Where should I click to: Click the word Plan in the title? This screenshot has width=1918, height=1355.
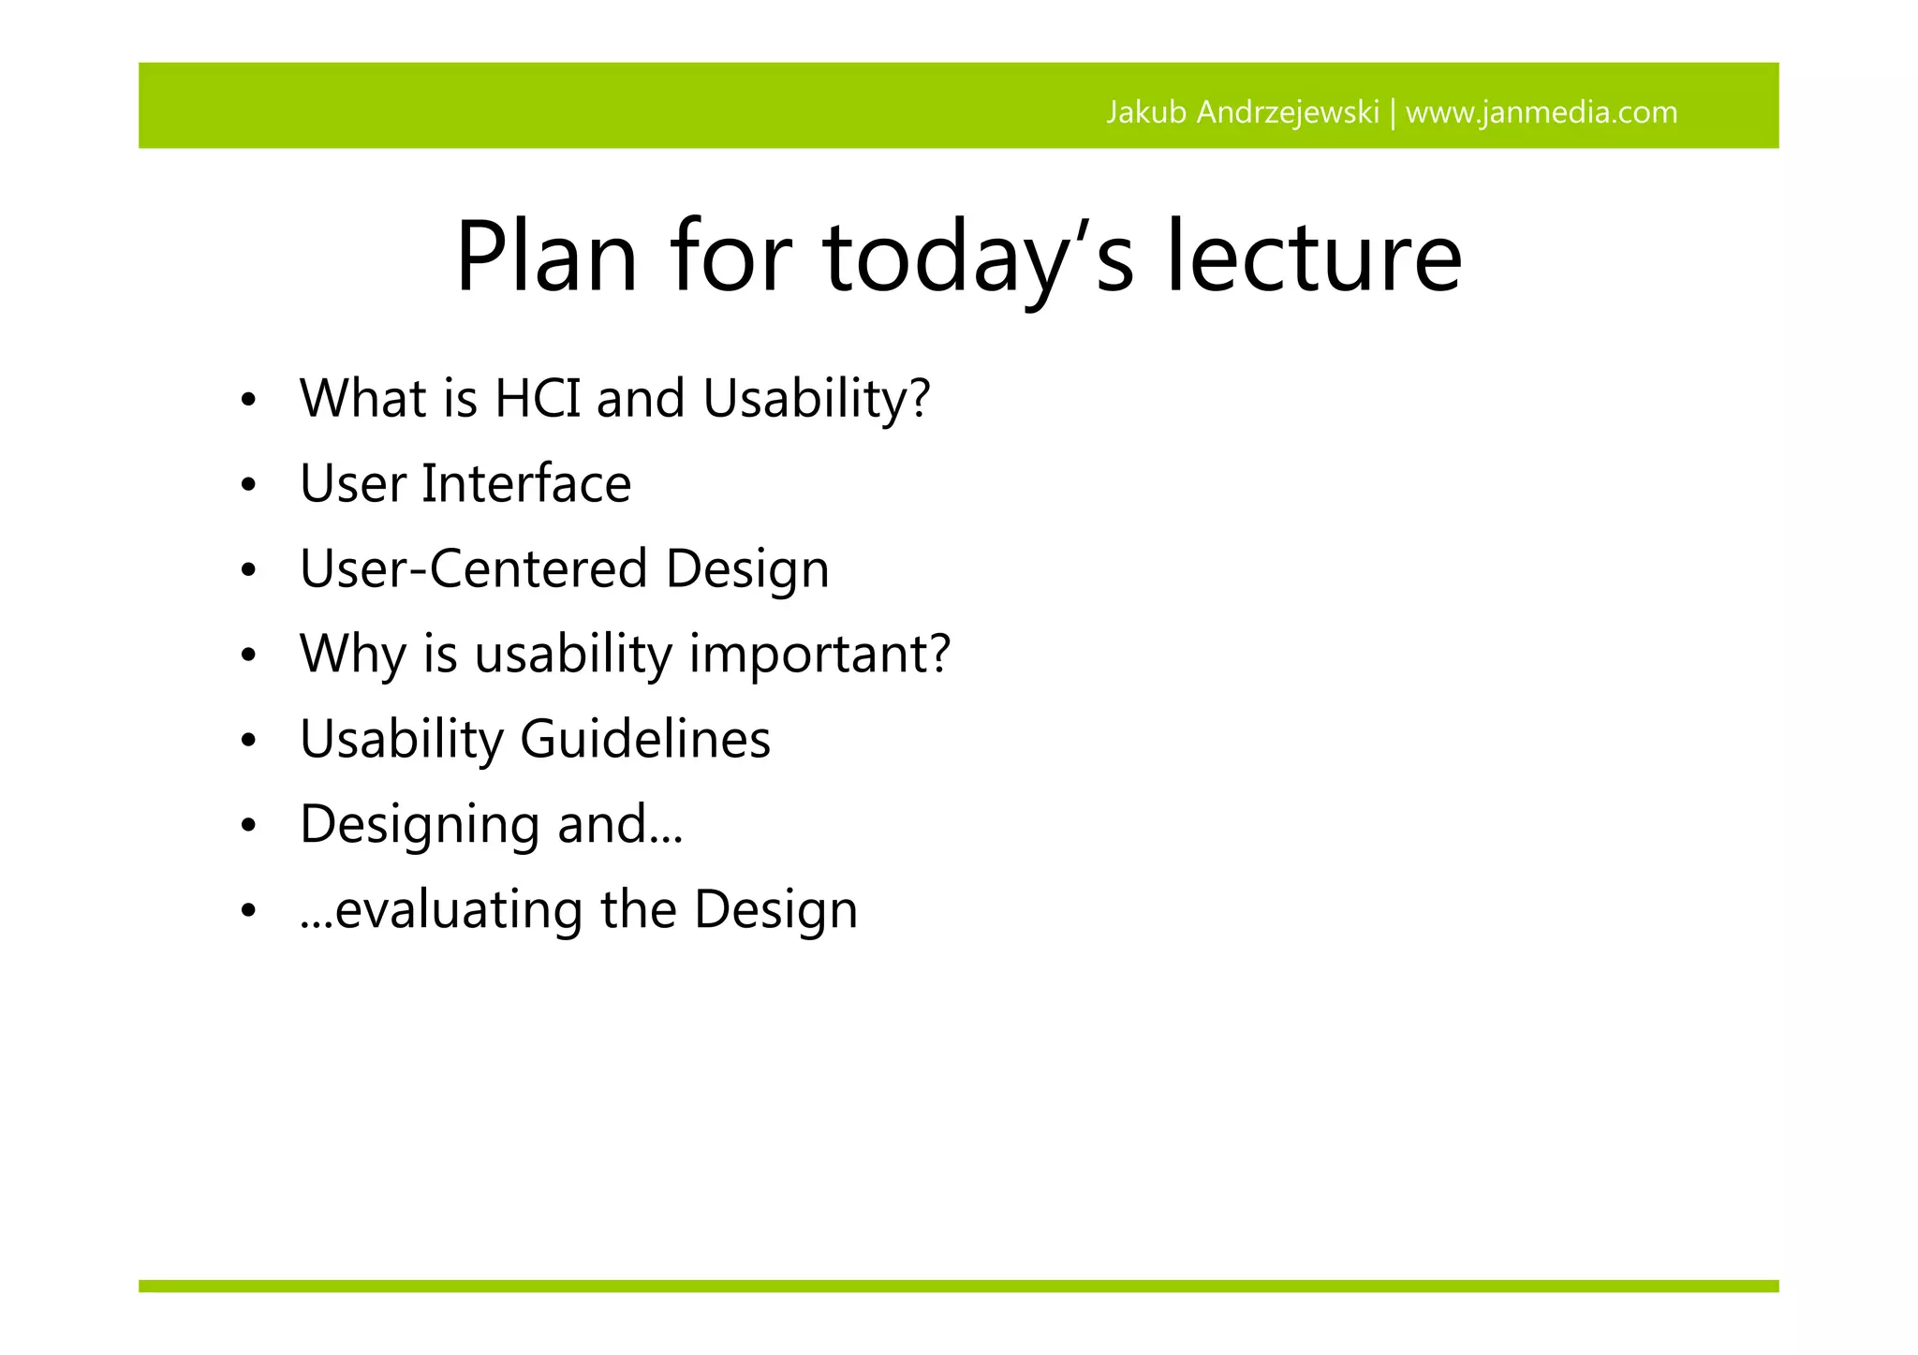click(x=546, y=258)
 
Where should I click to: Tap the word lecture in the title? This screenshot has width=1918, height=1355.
click(x=1313, y=258)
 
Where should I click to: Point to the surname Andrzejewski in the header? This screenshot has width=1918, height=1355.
click(x=1288, y=112)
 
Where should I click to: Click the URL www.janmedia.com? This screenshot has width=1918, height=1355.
click(x=1542, y=112)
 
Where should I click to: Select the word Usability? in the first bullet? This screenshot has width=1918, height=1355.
click(x=817, y=398)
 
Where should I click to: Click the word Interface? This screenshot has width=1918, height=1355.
click(x=525, y=484)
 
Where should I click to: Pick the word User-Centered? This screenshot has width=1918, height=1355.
click(x=473, y=568)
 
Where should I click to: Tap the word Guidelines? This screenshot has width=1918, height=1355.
click(x=644, y=739)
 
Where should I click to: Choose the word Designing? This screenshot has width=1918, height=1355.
click(x=420, y=825)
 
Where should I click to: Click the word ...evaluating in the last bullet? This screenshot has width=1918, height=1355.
click(x=441, y=910)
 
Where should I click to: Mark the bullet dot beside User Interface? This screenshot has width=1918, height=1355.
click(x=247, y=486)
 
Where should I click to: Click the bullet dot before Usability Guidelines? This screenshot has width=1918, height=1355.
click(x=247, y=741)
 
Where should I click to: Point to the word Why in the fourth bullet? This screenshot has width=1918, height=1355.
click(x=352, y=654)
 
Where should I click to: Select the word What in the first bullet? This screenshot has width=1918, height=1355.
click(x=362, y=398)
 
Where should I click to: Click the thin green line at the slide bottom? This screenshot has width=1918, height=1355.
click(x=958, y=1286)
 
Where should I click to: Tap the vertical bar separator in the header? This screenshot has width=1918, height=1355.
click(x=1393, y=113)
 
